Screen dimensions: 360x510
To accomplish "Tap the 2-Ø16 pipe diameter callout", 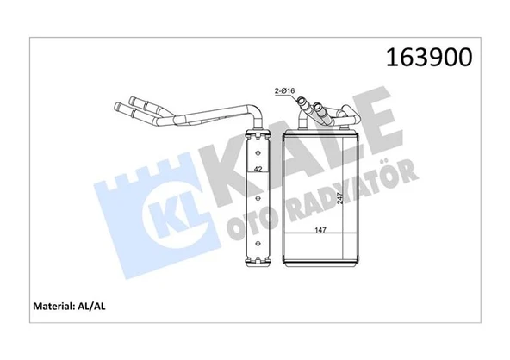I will tap(286, 89).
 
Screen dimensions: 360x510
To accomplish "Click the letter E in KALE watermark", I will tap(382, 138).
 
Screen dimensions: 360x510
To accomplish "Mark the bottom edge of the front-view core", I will tap(320, 264).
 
